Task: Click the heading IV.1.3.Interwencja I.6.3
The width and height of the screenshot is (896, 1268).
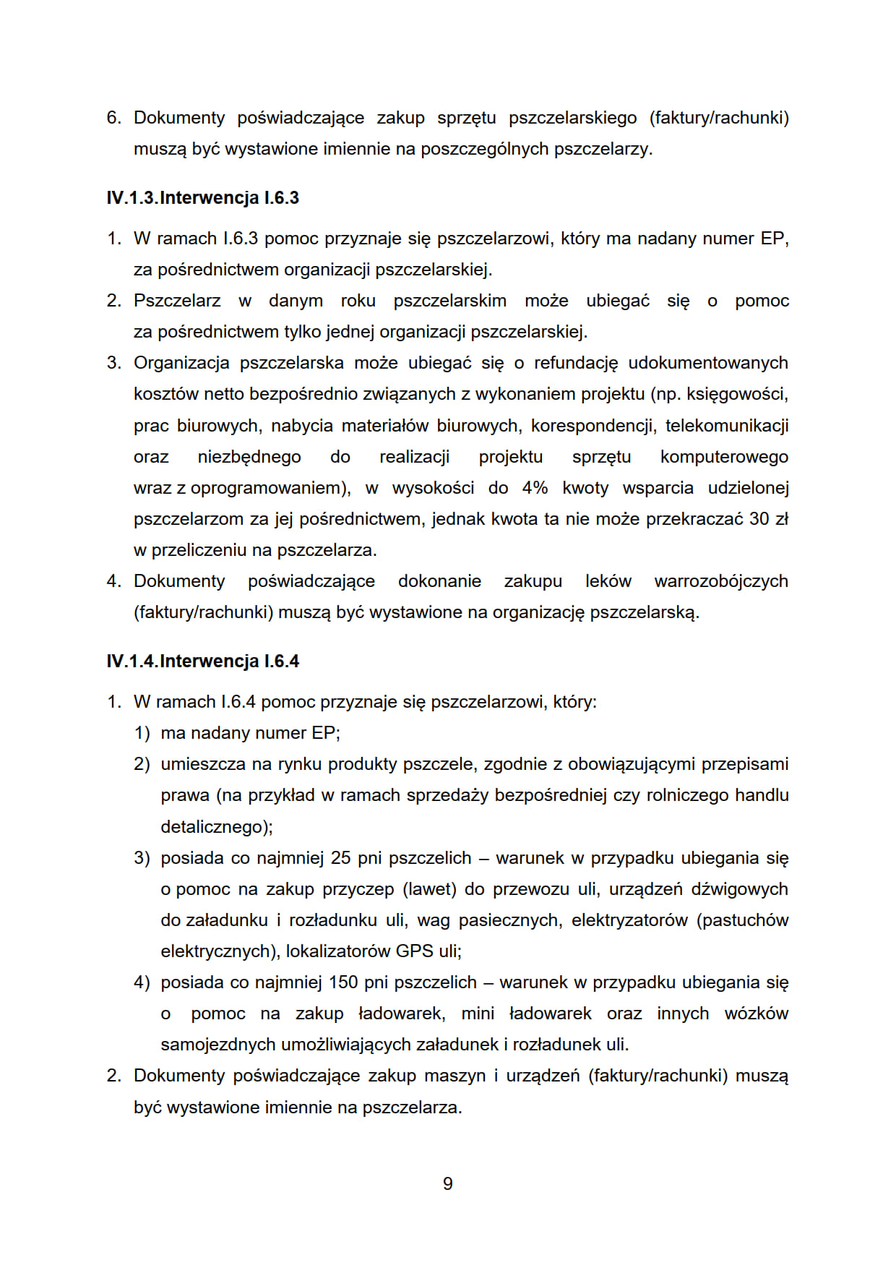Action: [x=202, y=198]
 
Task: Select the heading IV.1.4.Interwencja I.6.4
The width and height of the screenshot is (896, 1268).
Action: [x=202, y=661]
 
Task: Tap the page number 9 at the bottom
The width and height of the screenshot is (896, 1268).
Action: [x=448, y=1183]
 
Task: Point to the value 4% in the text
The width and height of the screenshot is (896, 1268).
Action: [x=535, y=488]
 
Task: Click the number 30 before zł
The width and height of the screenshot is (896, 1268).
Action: [x=759, y=519]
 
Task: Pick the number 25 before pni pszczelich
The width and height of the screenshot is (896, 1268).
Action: [x=340, y=858]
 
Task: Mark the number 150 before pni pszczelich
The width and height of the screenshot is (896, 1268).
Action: [x=343, y=982]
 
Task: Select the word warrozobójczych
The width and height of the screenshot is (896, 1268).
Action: [x=720, y=581]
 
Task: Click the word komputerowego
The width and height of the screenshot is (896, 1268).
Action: [x=723, y=457]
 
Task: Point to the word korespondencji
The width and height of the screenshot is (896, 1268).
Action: [x=593, y=426]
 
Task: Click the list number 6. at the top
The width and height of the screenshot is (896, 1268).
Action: [x=114, y=118]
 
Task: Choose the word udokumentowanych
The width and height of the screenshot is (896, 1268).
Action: [x=707, y=363]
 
